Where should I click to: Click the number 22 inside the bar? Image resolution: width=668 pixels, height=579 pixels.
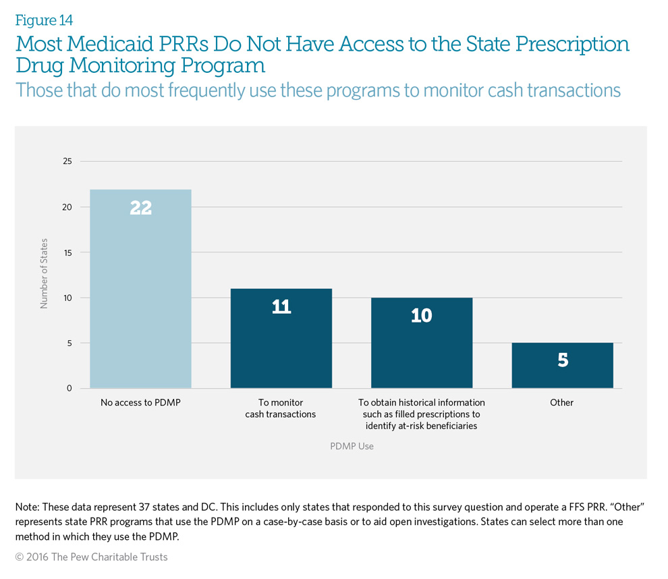140,208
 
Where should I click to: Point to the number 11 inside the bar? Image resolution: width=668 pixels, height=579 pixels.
281,307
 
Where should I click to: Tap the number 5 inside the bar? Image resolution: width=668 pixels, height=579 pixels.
562,360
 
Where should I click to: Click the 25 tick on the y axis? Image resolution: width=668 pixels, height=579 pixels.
66,161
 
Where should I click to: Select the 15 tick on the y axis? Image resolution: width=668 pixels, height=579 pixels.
66,252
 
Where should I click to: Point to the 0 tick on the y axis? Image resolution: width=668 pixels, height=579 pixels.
69,388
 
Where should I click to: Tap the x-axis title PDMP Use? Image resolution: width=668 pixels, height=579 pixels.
352,446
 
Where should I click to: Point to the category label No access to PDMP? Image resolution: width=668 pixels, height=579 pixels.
140,402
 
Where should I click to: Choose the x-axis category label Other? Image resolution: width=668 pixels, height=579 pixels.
561,402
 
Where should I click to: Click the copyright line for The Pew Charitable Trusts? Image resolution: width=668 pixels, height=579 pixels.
91,557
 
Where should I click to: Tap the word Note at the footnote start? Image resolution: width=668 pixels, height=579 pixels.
27,507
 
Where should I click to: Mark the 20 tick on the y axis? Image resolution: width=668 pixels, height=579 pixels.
66,207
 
